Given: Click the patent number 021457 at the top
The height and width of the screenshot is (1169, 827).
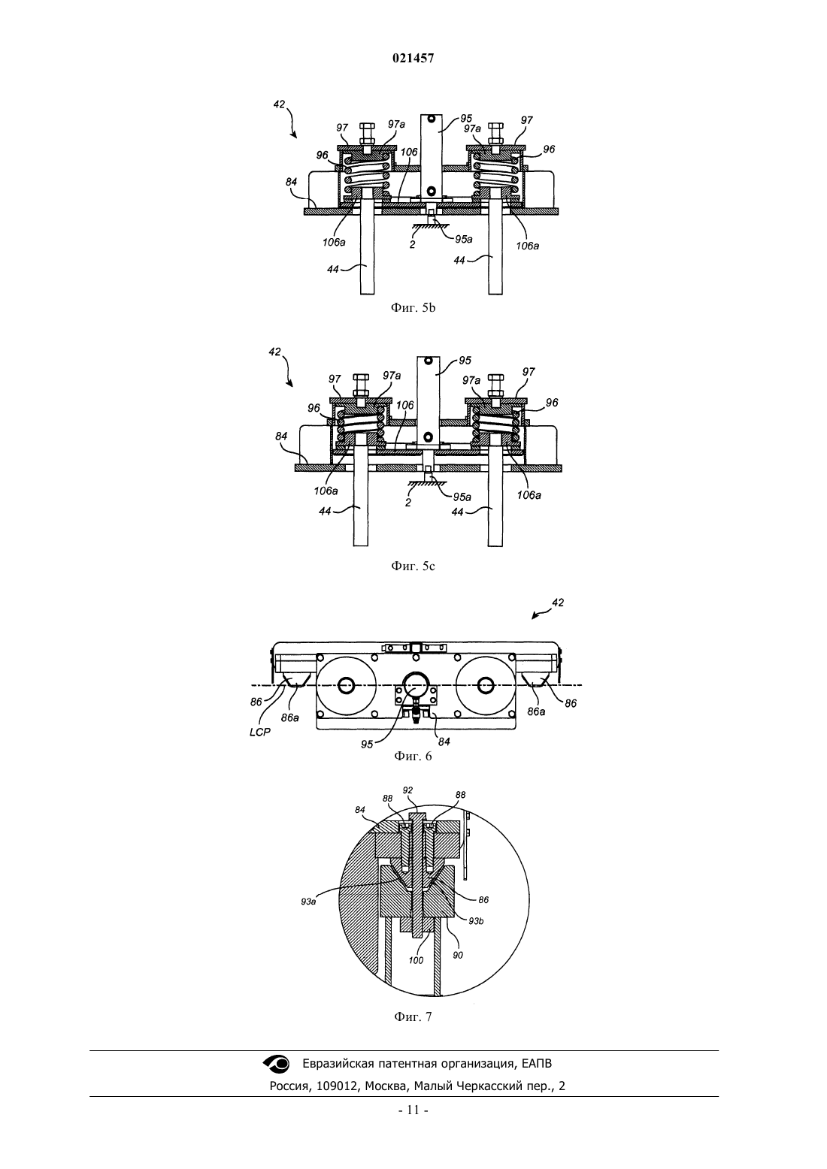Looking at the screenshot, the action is [x=413, y=59].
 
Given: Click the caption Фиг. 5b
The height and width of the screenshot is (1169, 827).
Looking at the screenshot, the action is [x=413, y=307].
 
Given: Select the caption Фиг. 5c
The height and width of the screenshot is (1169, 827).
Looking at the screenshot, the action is [x=413, y=566].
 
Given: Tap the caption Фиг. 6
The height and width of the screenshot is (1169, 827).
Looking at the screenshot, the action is [x=413, y=756].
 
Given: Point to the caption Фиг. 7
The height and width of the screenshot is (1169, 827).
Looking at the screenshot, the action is [x=413, y=1016].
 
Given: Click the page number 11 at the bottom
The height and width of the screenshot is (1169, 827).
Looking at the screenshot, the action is [x=413, y=1110].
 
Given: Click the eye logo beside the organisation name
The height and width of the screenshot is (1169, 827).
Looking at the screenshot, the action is [x=276, y=1063].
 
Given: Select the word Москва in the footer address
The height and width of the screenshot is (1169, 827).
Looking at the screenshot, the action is [x=386, y=1086].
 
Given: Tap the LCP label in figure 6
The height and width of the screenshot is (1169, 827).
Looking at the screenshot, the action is [x=260, y=733].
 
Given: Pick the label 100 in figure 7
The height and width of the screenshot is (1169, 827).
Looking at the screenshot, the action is [x=416, y=959].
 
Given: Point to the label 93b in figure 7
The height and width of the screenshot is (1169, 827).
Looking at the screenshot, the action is [x=476, y=921].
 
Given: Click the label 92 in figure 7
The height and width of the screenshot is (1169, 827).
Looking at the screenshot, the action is [x=407, y=790].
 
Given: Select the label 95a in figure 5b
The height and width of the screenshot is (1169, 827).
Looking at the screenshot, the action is [x=463, y=239].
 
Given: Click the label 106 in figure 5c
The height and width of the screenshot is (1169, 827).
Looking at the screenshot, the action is [x=404, y=405].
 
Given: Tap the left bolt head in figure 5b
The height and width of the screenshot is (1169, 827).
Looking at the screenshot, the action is [x=368, y=127].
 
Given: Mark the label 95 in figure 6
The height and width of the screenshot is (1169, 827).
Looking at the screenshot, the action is [x=367, y=745].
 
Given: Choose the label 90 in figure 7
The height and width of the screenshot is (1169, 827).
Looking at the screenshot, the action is [x=457, y=955].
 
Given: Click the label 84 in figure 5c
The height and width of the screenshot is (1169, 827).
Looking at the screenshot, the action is [x=281, y=436].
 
